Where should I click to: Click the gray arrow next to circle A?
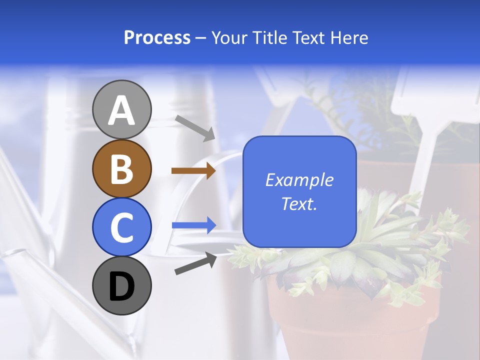[195, 128]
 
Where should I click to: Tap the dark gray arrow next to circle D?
[195, 263]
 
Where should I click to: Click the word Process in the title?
[157, 37]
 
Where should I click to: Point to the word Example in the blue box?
[299, 180]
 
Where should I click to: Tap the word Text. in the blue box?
[299, 203]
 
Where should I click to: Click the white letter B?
[121, 168]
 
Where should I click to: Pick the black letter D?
[121, 286]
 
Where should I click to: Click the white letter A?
[121, 110]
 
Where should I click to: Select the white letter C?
[121, 227]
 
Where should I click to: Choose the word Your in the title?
[229, 37]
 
